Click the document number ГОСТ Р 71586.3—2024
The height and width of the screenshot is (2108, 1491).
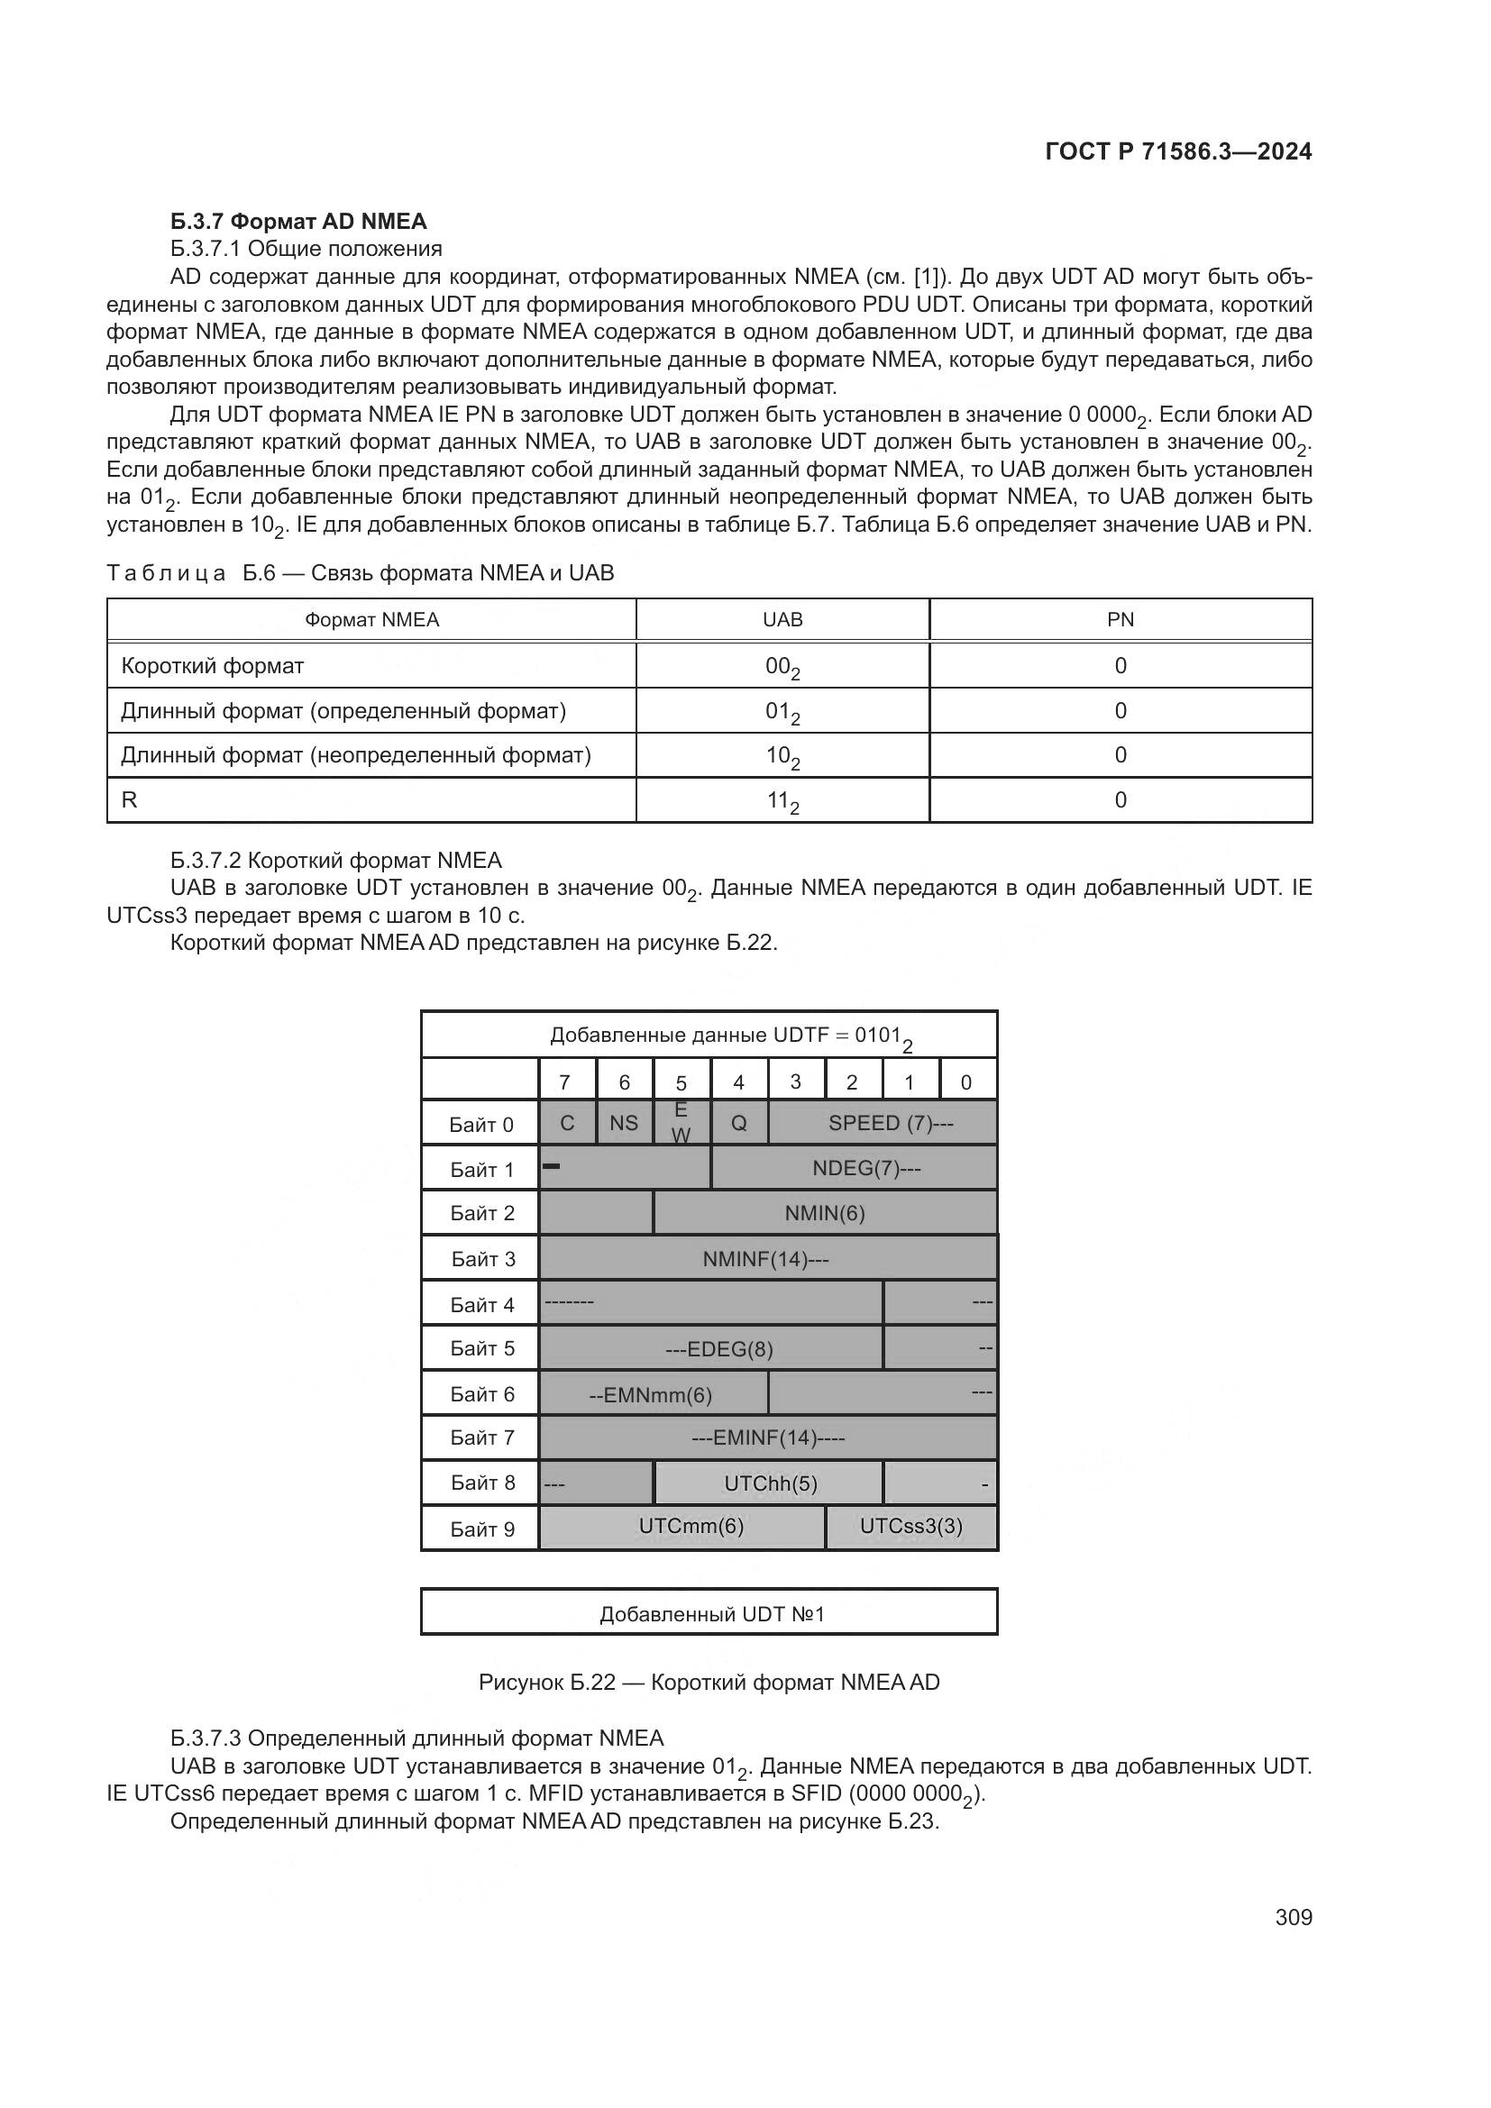click(x=1178, y=151)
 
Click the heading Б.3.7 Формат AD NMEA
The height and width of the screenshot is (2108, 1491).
click(x=298, y=222)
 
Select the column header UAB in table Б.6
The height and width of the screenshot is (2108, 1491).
click(x=782, y=620)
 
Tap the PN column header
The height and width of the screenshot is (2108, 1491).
click(x=1121, y=620)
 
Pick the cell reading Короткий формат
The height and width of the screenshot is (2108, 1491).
click(x=212, y=666)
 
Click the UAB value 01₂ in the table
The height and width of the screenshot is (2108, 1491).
click(x=782, y=712)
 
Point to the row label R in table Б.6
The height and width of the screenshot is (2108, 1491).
click(x=130, y=799)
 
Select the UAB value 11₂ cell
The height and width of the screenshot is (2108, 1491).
click(x=782, y=801)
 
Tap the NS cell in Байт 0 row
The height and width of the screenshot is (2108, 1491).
click(x=625, y=1123)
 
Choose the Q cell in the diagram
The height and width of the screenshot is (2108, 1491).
click(x=739, y=1123)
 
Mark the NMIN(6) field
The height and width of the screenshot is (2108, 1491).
click(x=825, y=1213)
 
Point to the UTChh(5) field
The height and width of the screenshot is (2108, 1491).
click(x=769, y=1483)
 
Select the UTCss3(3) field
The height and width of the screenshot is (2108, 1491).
click(x=910, y=1527)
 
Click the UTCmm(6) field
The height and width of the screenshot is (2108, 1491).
click(x=691, y=1527)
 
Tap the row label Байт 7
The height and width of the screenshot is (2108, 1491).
click(x=481, y=1437)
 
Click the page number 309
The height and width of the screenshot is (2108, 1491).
click(x=1293, y=1917)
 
